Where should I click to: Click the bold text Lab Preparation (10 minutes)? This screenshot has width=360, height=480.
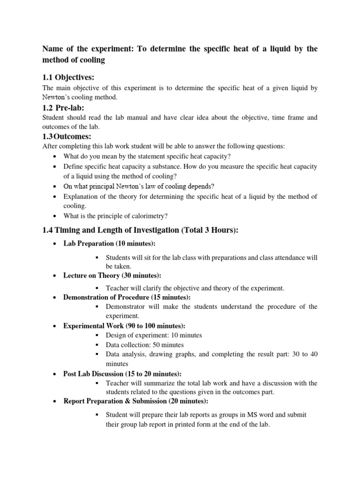coord(109,243)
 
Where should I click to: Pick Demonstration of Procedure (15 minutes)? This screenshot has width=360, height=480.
coord(127,298)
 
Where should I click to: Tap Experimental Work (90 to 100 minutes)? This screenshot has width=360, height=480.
coord(124,326)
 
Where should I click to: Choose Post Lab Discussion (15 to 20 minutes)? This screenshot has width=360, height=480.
coord(122,374)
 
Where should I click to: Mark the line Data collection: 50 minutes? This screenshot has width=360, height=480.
coord(145,345)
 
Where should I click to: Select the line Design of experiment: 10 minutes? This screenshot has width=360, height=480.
coord(154,335)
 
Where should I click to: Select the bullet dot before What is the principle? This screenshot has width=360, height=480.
coord(56,216)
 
